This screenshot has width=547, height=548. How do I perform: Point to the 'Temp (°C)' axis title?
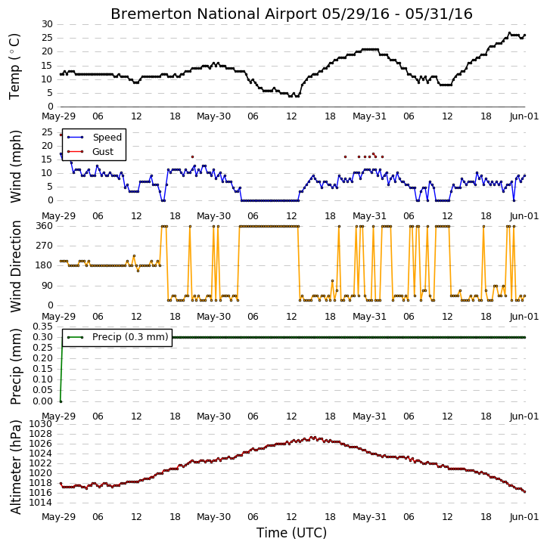tap(14, 67)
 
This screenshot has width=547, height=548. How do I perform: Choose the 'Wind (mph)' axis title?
tap(16, 166)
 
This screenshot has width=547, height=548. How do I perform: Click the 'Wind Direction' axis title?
tap(16, 266)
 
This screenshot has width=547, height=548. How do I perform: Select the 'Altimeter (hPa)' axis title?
tap(16, 467)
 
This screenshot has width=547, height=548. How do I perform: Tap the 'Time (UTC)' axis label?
tap(291, 533)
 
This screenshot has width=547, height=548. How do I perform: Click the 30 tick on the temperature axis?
tap(47, 24)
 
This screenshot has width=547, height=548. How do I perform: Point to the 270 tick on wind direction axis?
tap(45, 246)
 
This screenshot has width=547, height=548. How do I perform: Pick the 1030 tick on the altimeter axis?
tap(41, 424)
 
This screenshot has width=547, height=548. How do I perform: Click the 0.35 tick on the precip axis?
tap(42, 327)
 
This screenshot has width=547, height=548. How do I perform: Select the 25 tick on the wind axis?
tap(47, 132)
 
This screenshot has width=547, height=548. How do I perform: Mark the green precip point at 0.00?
tap(61, 401)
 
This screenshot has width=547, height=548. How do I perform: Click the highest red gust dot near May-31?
tap(373, 153)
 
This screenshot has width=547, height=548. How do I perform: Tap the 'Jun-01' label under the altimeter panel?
tap(524, 517)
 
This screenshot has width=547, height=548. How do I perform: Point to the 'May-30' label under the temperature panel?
tap(213, 116)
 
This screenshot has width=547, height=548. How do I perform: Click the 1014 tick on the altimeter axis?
tap(41, 503)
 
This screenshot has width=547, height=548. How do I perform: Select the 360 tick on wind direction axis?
tap(45, 226)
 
